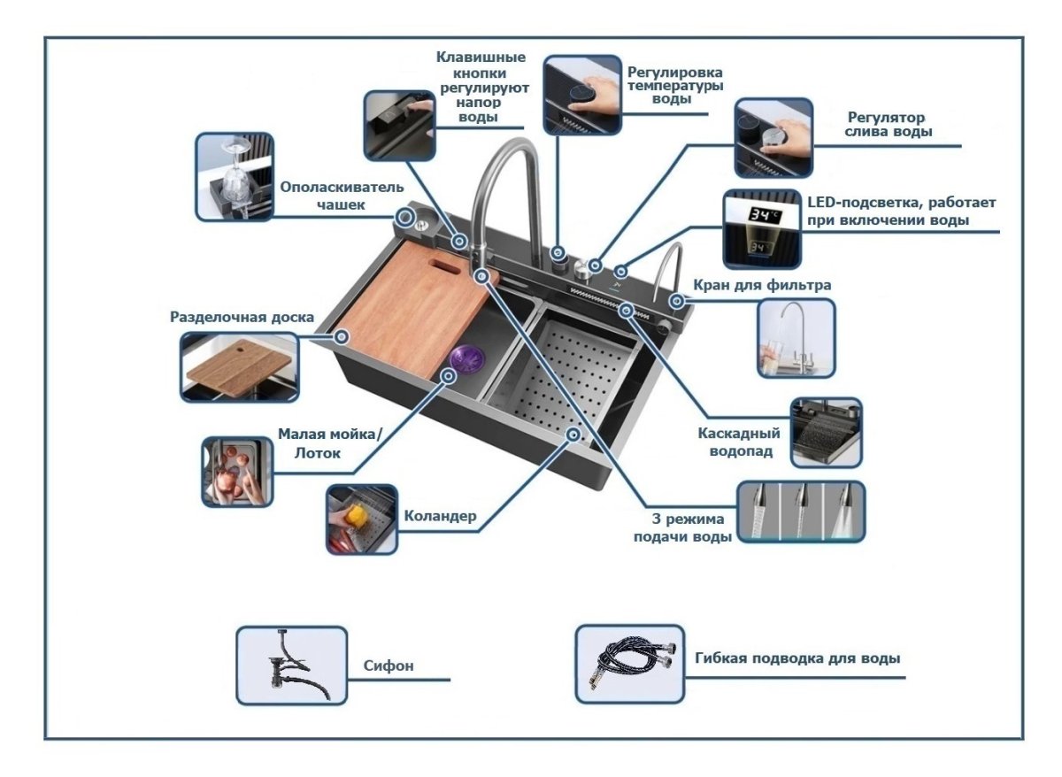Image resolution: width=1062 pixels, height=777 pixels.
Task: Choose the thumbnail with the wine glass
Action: click(x=235, y=177)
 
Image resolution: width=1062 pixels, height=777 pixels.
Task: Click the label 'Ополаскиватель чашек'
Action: click(x=342, y=196)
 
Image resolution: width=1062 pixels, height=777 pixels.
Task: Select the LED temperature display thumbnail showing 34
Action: click(x=762, y=229)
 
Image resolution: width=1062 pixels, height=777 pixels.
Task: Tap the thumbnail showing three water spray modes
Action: click(x=801, y=511)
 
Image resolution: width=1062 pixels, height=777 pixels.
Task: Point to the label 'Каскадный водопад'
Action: click(x=738, y=442)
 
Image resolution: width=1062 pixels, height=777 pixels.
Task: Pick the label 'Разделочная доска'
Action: click(x=242, y=317)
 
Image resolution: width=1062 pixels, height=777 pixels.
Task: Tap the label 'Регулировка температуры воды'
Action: click(x=675, y=85)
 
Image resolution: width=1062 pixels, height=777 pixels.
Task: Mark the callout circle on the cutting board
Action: click(x=342, y=336)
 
